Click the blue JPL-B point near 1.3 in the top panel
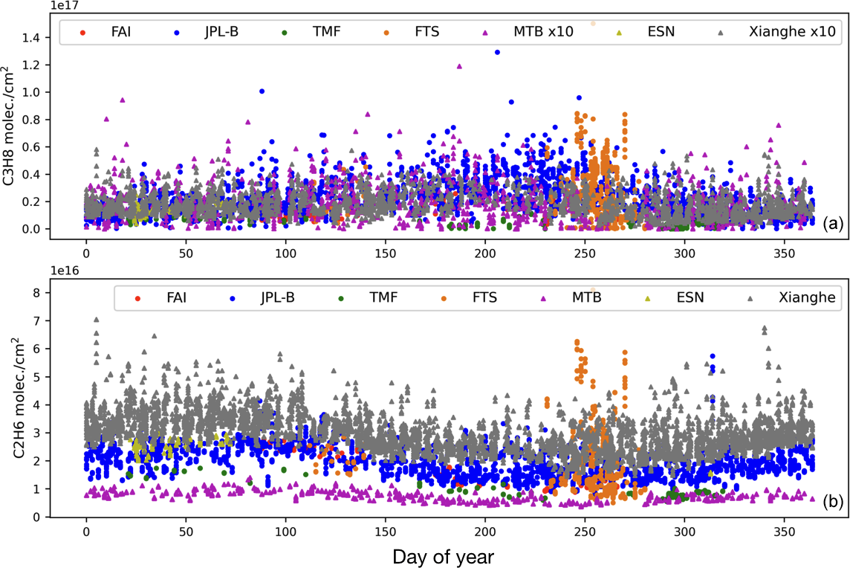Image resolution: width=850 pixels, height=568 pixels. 497,52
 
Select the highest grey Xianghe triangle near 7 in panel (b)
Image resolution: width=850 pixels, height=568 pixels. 96,320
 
